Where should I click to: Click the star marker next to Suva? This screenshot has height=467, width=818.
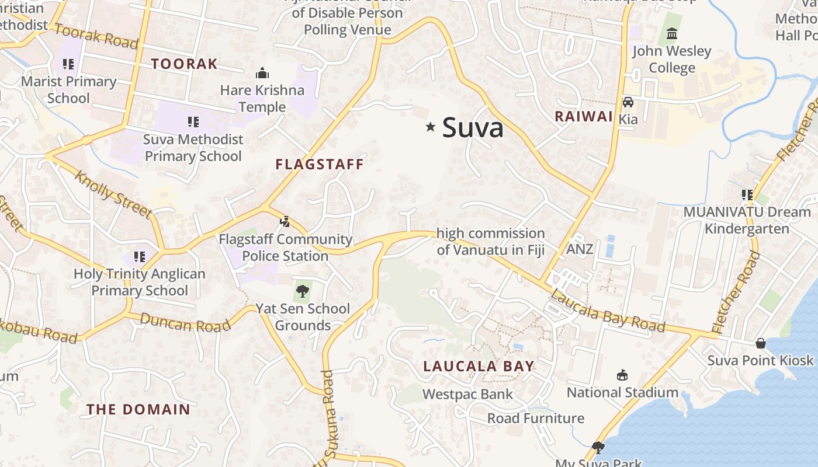(431, 127)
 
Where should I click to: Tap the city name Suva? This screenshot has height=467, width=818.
(473, 127)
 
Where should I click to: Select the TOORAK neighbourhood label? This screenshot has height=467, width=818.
(184, 64)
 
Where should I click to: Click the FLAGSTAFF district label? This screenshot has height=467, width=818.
(320, 165)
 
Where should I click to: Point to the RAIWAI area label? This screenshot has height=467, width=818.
(583, 116)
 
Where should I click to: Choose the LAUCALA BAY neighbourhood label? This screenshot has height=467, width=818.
(479, 367)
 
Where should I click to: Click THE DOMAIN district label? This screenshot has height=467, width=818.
(138, 410)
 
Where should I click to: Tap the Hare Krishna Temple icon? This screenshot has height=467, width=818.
(262, 74)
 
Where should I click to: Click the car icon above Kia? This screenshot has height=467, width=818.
(628, 102)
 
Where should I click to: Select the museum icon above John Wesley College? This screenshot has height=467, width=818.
(671, 34)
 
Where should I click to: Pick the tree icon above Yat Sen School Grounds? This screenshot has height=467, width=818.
(302, 291)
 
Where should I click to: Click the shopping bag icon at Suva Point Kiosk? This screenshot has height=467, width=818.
(761, 343)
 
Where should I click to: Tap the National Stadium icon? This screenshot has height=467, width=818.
(622, 375)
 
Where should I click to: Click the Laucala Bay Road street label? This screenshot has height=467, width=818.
(607, 311)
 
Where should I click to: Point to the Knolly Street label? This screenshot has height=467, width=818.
(113, 194)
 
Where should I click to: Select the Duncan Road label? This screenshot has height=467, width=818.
(185, 323)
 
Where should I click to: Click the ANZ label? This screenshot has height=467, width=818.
(580, 249)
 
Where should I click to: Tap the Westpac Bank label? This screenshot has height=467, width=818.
(467, 395)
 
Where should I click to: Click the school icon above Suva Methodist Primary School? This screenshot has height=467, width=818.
(193, 122)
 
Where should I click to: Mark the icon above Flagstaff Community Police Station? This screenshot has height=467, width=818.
(285, 222)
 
